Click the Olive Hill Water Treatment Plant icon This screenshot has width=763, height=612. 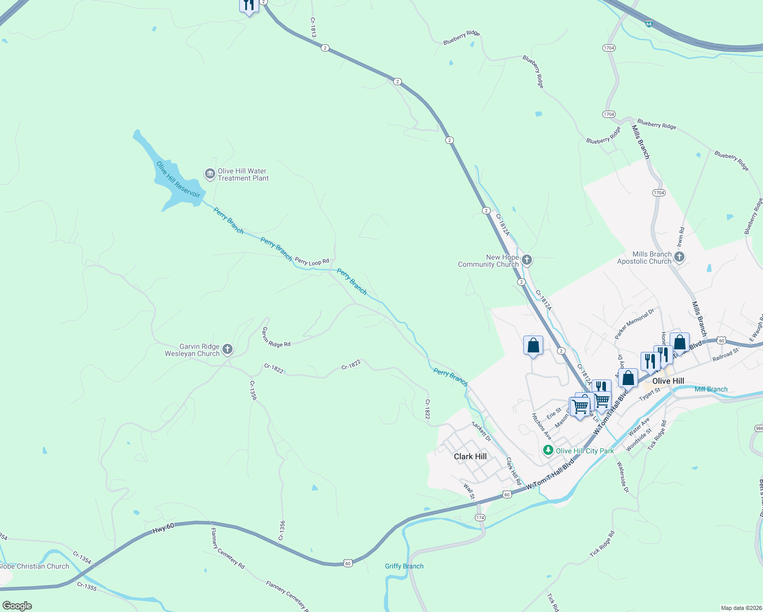tap(210, 174)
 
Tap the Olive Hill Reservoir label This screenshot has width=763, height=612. tap(178, 180)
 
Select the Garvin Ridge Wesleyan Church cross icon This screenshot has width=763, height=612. tap(227, 350)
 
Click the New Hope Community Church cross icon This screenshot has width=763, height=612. tap(527, 261)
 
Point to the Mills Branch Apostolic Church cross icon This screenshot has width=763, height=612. tap(679, 258)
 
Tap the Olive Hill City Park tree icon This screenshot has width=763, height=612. tap(548, 451)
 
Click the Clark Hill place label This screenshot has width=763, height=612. tap(470, 456)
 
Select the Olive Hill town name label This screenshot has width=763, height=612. tap(668, 381)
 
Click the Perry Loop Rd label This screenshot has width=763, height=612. tap(312, 262)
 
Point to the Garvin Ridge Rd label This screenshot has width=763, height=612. tap(276, 338)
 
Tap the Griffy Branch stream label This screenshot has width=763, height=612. tap(404, 566)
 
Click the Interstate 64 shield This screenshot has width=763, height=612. tap(648, 24)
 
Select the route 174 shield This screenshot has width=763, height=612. tap(480, 518)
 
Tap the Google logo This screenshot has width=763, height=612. tap(17, 606)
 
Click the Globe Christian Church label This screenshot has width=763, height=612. tap(34, 566)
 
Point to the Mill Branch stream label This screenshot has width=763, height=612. tap(711, 389)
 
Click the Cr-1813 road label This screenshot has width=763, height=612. tap(313, 28)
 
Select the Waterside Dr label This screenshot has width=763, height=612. tap(623, 477)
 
